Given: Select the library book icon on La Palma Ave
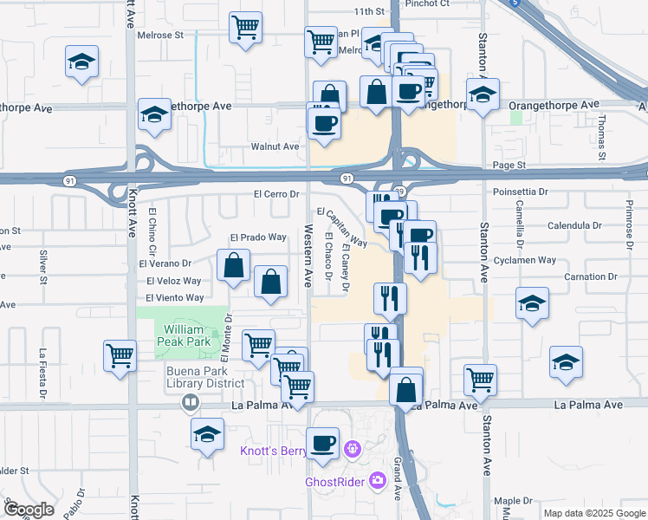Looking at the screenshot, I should [x=190, y=403].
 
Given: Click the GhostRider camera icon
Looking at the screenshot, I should [x=378, y=480].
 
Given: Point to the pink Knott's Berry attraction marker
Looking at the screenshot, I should [x=352, y=449].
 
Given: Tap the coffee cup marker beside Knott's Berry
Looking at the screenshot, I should [x=324, y=443].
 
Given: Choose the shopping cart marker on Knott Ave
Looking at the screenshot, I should [x=120, y=354].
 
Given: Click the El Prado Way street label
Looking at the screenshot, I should [x=257, y=237].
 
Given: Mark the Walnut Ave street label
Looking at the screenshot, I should [x=275, y=146].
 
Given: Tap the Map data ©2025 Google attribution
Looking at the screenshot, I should [x=593, y=513].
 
